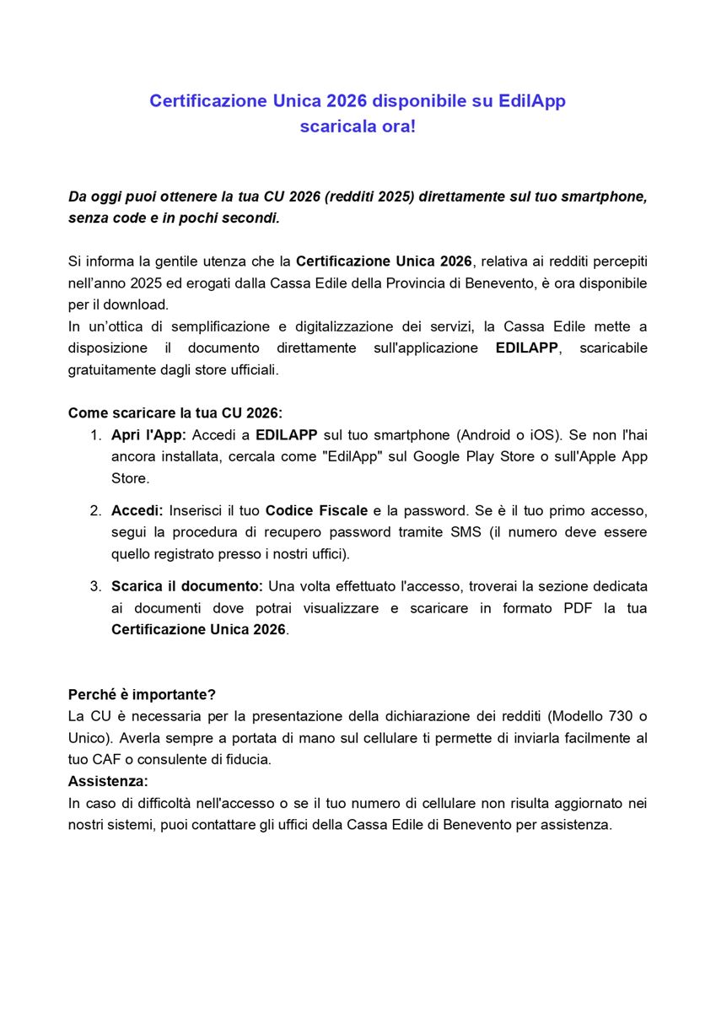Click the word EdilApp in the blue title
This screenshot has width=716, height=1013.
tap(531, 100)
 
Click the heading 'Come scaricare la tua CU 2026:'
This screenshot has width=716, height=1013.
tap(175, 413)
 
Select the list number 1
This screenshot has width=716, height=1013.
tap(94, 435)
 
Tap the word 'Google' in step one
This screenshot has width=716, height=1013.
tap(438, 456)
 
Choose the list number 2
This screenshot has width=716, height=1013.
tap(95, 510)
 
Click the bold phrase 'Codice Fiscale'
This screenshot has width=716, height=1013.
tap(316, 510)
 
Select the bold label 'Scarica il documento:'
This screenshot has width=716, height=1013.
tap(187, 585)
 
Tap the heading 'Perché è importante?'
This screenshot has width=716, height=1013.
tap(142, 694)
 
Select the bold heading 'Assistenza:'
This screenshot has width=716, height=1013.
tap(108, 781)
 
